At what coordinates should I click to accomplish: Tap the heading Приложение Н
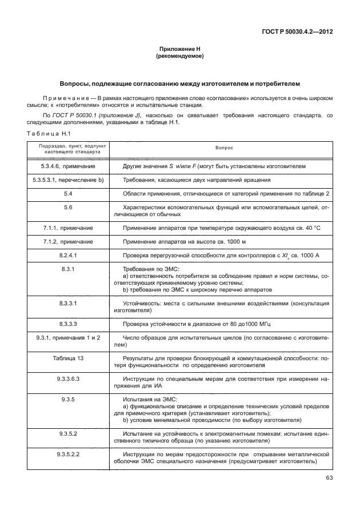tap(180, 50)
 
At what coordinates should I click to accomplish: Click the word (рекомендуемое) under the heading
tap(180, 57)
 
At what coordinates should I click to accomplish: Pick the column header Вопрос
tap(224, 148)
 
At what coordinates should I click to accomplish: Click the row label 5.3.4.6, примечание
tap(68, 166)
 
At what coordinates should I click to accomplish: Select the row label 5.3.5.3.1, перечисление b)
tap(68, 180)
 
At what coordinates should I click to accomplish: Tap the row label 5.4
tap(68, 193)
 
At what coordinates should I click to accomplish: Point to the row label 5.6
tap(68, 207)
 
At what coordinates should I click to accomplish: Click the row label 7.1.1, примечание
tap(68, 228)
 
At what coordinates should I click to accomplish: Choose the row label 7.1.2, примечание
tap(68, 241)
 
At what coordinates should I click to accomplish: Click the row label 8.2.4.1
tap(68, 255)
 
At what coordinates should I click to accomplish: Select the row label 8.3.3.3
tap(68, 324)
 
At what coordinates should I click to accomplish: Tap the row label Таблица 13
tap(68, 358)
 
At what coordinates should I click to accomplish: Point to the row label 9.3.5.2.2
tap(68, 454)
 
